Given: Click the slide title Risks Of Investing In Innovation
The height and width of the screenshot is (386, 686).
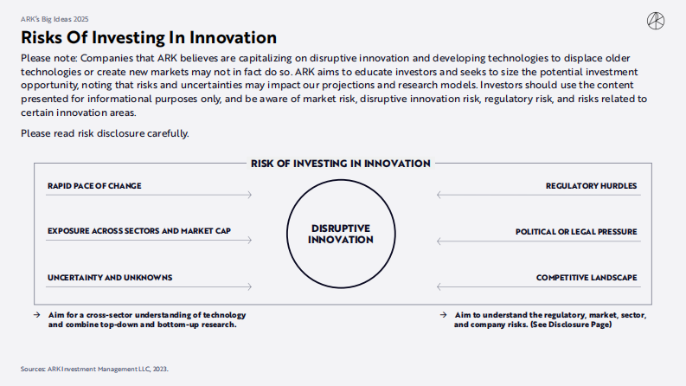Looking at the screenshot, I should coord(149,38).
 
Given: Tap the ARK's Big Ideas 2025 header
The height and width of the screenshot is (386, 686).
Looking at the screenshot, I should coord(54,18).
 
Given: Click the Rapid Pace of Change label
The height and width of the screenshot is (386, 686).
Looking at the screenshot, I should coord(94,185).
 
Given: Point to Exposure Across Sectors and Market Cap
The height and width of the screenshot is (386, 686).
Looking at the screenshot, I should coord(139,231).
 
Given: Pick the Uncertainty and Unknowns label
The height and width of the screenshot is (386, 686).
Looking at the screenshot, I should coord(110,277).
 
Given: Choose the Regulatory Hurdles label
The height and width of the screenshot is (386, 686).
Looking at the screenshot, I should coord(591,185).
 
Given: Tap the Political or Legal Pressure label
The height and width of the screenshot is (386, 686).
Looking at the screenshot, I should coord(576,231).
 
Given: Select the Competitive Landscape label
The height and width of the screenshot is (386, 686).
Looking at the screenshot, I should coord(587,277).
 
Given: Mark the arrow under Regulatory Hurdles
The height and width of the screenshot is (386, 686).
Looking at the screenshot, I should coord(537,196).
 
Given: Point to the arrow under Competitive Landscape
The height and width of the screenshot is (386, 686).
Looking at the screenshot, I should coord(537,287).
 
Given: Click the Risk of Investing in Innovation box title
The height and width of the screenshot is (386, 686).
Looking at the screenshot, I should coord(341,163).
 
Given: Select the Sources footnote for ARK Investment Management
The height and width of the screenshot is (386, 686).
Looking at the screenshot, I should coord(95,368).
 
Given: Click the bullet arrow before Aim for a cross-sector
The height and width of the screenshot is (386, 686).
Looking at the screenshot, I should coord(38,313).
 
